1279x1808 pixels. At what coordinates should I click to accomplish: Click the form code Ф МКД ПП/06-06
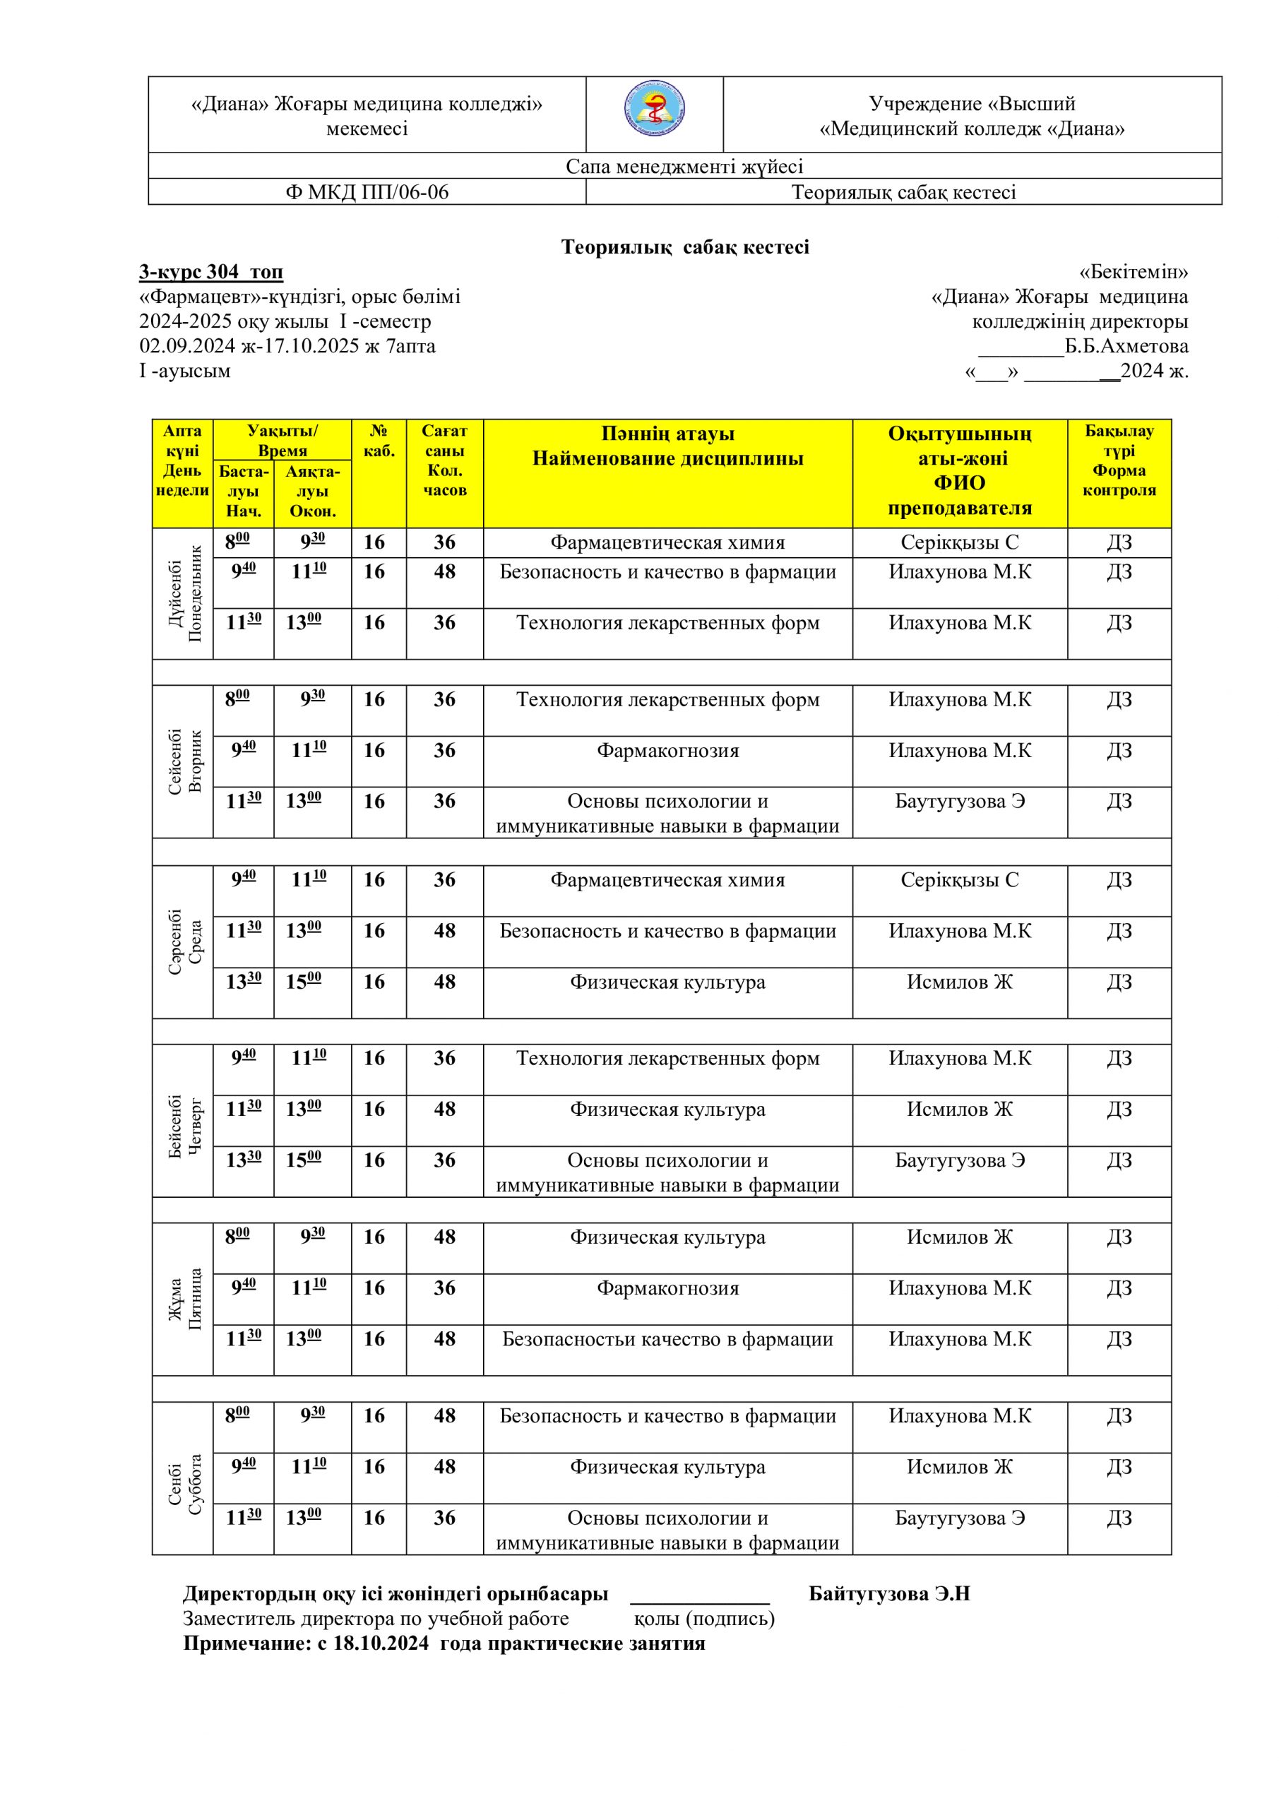tap(367, 192)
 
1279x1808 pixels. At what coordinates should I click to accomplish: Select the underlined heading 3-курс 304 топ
tap(211, 273)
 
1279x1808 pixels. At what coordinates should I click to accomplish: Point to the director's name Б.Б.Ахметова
tap(1126, 347)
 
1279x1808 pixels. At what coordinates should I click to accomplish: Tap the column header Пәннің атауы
tap(668, 434)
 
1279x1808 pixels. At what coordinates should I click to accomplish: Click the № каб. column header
tap(379, 441)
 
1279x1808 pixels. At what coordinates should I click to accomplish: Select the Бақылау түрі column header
tap(1119, 460)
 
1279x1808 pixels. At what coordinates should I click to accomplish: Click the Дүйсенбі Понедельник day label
tap(184, 593)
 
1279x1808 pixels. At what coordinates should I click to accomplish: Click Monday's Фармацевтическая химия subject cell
tap(668, 542)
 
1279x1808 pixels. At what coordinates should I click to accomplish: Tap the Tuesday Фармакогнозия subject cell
tap(668, 751)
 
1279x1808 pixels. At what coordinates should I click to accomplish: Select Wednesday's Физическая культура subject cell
tap(668, 982)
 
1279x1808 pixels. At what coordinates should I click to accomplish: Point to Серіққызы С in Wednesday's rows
tap(959, 881)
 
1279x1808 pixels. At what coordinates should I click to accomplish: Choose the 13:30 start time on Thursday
tap(244, 1160)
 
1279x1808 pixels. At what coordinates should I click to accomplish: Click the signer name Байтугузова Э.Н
tap(889, 1595)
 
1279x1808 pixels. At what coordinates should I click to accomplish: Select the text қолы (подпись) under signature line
tap(704, 1619)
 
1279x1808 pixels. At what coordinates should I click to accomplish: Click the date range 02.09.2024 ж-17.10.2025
tap(250, 347)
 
